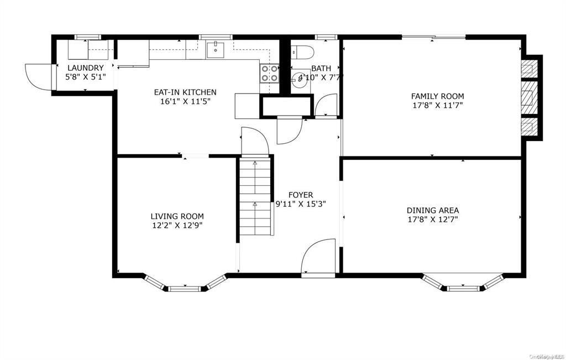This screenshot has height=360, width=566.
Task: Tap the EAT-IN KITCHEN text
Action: [x=185, y=92]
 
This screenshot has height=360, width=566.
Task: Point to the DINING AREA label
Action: [x=433, y=210]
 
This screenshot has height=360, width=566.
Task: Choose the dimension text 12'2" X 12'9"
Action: [x=177, y=225]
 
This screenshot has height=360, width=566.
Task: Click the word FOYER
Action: [x=301, y=195]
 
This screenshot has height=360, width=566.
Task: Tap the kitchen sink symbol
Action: [x=215, y=50]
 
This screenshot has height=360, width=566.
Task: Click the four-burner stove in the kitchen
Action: [x=269, y=74]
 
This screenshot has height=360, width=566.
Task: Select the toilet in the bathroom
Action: [x=303, y=53]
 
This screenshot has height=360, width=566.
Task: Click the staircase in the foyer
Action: [x=255, y=196]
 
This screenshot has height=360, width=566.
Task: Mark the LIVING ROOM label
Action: [x=177, y=216]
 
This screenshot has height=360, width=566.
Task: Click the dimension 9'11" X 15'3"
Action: [x=301, y=204]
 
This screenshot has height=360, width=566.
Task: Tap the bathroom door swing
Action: [x=326, y=105]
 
